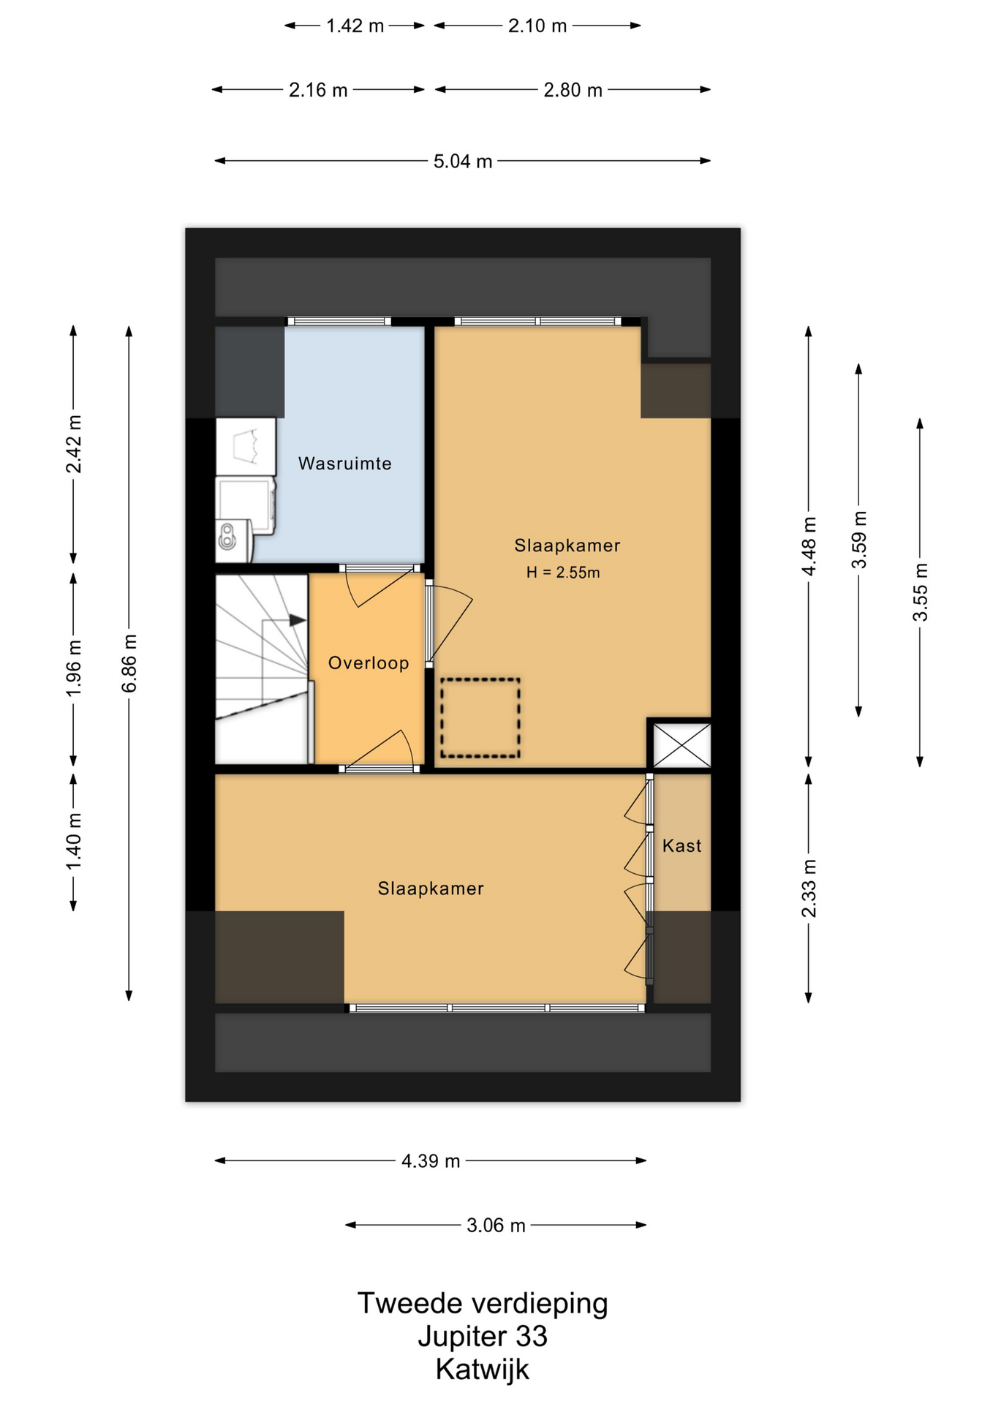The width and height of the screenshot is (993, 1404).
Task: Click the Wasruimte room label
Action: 344,464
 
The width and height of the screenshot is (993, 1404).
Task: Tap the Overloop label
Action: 368,663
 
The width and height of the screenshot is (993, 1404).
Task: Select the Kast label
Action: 681,846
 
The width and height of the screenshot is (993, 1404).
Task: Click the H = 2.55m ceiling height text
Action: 563,573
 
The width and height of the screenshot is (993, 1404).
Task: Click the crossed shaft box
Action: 681,745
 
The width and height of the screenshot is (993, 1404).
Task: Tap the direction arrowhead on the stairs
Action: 298,620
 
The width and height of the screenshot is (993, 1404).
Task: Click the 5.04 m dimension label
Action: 463,161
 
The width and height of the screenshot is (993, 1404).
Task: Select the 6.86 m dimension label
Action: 129,663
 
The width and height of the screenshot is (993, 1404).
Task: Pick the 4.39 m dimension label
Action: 431,1160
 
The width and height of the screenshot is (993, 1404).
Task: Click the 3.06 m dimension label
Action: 496,1225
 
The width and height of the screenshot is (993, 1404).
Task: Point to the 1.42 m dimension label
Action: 355,26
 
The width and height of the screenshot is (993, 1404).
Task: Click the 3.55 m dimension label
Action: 920,592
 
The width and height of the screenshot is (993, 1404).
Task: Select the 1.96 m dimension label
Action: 74,668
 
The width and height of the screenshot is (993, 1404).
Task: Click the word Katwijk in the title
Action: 483,1369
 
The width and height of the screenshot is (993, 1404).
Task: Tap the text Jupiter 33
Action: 483,1336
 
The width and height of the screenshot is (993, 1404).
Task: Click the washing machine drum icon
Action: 227,535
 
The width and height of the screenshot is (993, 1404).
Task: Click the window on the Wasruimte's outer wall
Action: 339,321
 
